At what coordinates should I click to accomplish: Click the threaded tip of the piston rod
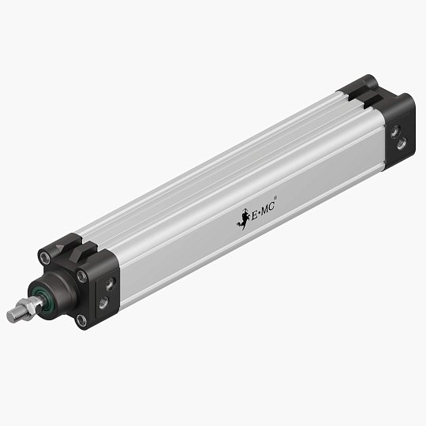13,316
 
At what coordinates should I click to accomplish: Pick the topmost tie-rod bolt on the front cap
46,256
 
